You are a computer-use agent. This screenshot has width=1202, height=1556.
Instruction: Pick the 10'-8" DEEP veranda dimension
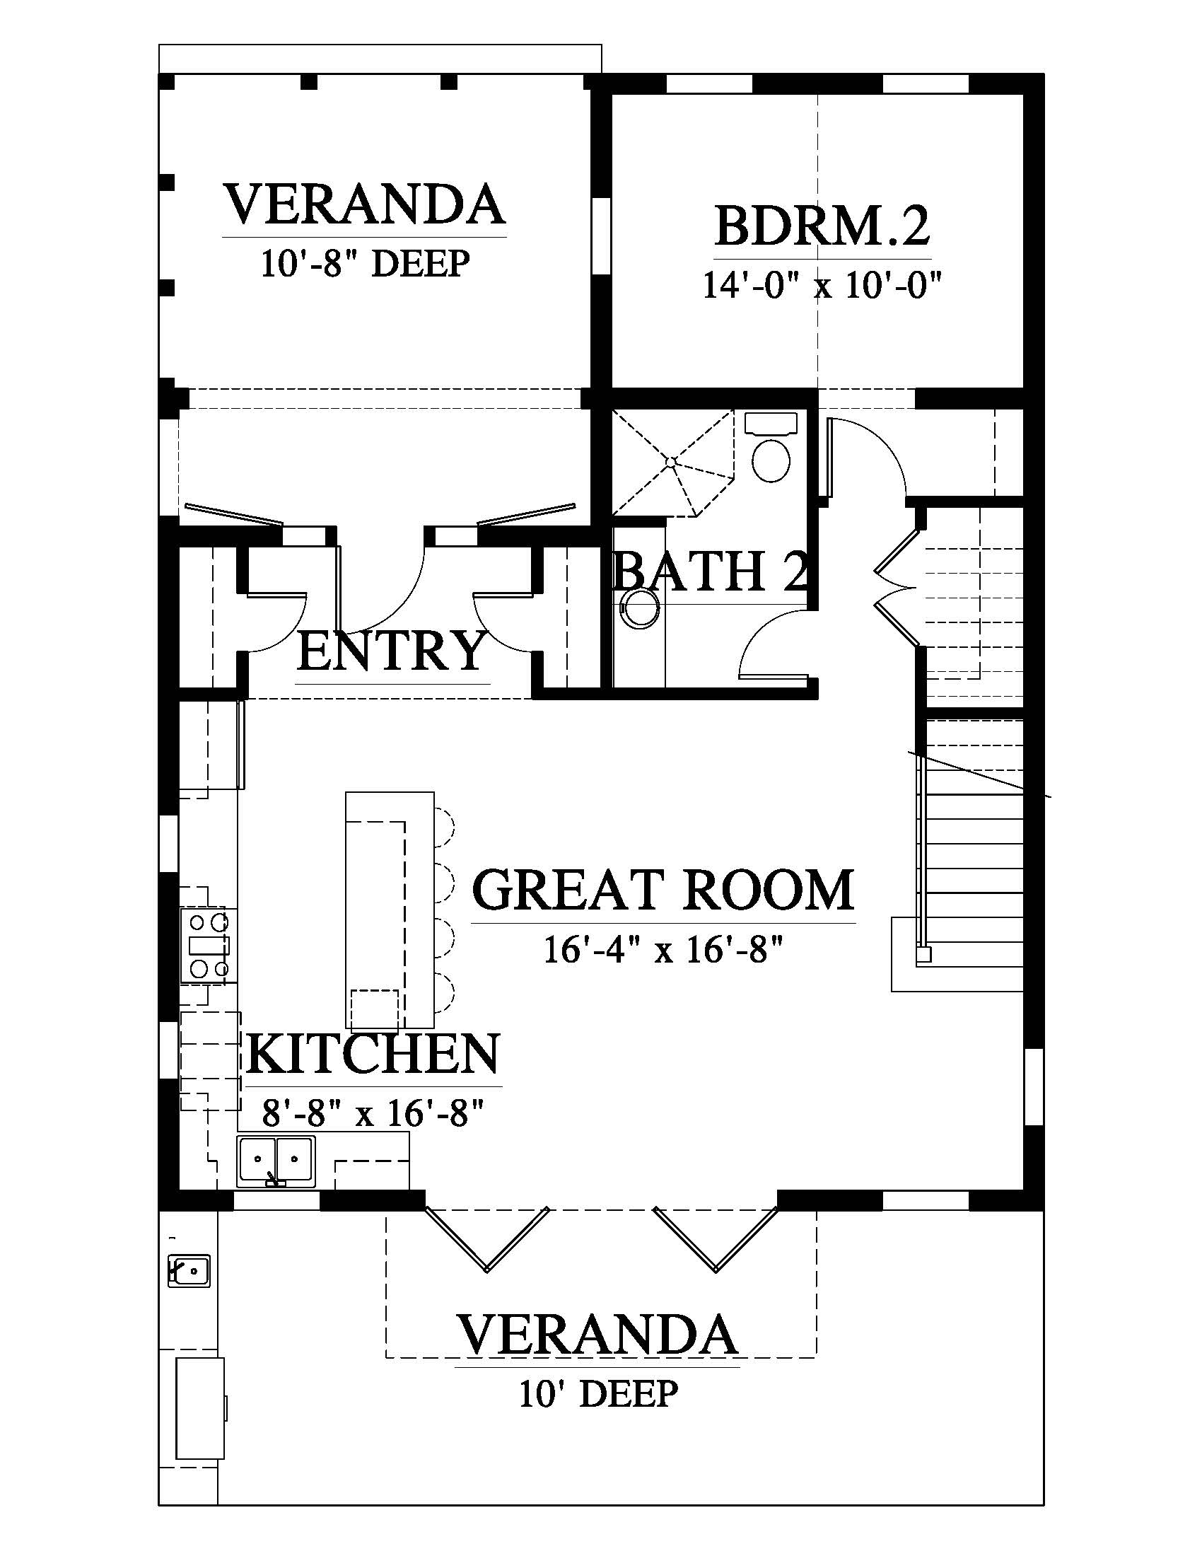pos(366,263)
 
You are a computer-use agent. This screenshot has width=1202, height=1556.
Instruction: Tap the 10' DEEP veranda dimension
pos(598,1393)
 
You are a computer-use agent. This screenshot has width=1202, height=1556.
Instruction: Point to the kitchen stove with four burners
pos(207,946)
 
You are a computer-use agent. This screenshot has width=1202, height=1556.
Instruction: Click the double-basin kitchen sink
pos(276,1161)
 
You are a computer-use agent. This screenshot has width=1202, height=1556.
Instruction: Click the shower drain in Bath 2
pos(670,462)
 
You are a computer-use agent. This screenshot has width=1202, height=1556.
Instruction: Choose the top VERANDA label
pos(366,204)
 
